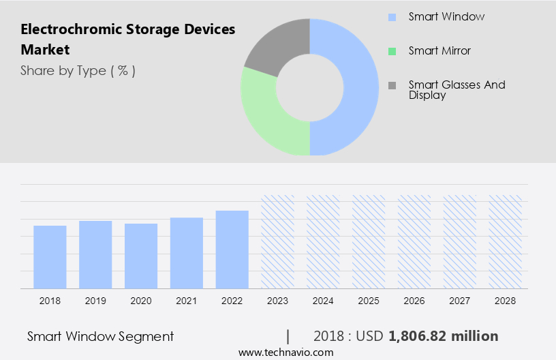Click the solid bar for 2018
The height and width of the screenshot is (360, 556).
[50, 257]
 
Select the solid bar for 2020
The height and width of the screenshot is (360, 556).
[141, 256]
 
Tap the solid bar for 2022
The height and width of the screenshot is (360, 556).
[232, 250]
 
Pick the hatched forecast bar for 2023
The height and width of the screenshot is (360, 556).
[277, 242]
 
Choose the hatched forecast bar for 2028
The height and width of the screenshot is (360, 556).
[506, 242]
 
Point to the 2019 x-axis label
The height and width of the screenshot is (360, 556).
[95, 301]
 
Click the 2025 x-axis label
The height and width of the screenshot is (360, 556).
[369, 301]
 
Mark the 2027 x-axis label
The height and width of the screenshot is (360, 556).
[460, 301]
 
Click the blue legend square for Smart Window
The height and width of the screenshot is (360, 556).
[392, 16]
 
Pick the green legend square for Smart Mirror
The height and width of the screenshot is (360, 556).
[392, 51]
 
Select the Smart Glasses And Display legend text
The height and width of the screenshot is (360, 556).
[457, 90]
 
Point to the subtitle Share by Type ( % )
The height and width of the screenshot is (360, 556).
[78, 70]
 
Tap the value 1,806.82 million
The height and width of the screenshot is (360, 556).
[443, 336]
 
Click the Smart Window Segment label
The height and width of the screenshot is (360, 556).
[100, 336]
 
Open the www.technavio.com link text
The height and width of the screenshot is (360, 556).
[285, 352]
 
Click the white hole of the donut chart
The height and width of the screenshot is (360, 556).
[309, 87]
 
